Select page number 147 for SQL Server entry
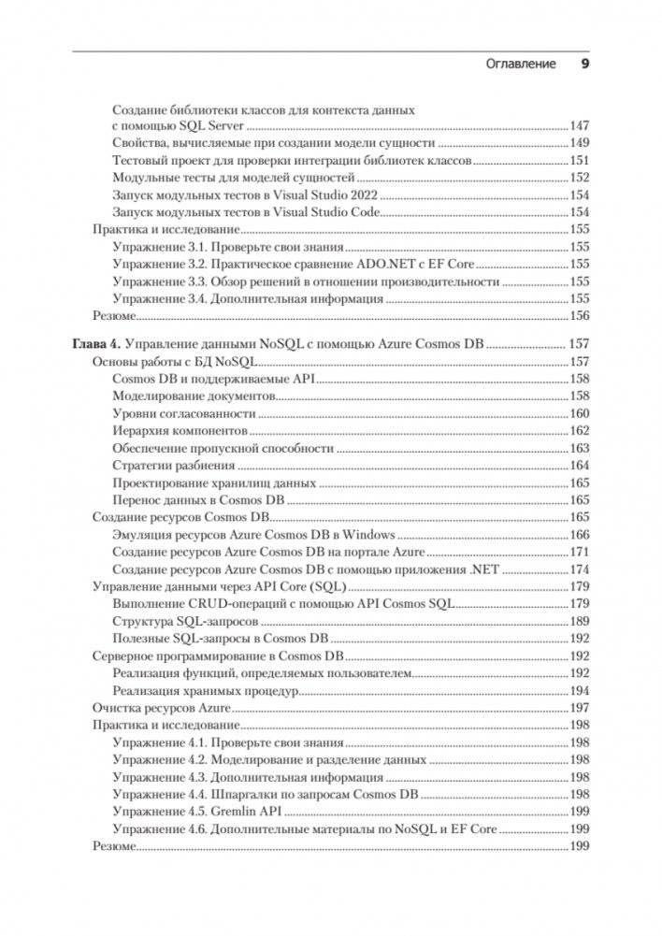coord(580,125)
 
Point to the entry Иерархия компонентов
coord(180,430)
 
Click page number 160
coord(580,413)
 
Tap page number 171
coord(580,553)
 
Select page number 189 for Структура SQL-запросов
coord(580,622)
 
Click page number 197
coord(580,708)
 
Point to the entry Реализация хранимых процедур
coord(204,691)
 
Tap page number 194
coord(580,691)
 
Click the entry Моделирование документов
coord(194,396)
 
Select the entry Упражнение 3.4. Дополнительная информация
coord(247,299)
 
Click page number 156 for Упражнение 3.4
coord(580,299)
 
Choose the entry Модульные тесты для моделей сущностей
coord(233,178)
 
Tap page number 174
coord(580,569)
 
